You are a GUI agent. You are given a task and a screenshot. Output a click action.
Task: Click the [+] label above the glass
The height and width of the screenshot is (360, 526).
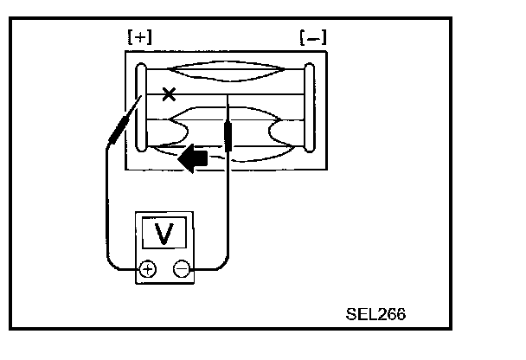point(139,38)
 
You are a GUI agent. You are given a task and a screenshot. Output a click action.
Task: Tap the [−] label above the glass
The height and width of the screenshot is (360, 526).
point(311,38)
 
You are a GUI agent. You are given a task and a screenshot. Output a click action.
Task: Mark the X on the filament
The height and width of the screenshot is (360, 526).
point(170,93)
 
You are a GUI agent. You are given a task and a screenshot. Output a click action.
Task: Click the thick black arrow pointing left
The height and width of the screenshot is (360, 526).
point(192,157)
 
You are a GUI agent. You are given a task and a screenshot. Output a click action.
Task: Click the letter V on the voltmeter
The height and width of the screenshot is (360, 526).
point(164,232)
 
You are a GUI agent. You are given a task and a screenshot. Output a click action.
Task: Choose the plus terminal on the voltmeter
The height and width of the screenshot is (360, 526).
point(148,268)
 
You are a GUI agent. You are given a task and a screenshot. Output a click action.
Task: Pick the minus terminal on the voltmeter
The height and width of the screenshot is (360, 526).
point(181,268)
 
